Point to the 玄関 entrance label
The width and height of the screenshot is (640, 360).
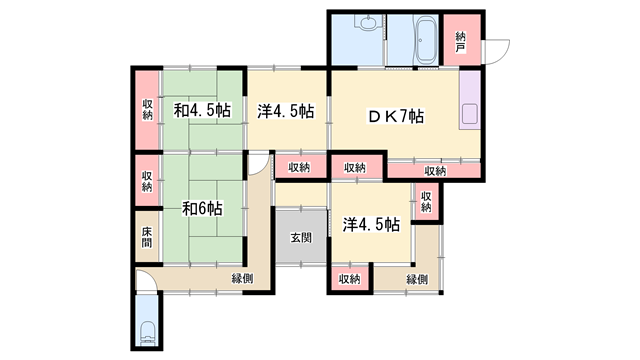coord(301,237)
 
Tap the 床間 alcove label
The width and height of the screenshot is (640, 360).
coord(146,238)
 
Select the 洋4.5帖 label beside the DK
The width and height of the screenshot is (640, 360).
coord(286,110)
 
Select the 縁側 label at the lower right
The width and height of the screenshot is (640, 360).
coord(418,279)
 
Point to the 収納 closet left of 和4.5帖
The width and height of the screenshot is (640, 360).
coord(147,110)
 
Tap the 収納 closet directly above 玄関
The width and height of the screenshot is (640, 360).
coord(299,167)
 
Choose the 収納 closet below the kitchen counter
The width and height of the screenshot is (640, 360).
coord(434,170)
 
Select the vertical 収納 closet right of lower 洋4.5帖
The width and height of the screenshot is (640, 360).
coord(426,201)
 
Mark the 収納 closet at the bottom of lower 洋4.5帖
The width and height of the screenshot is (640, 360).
coord(349,279)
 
